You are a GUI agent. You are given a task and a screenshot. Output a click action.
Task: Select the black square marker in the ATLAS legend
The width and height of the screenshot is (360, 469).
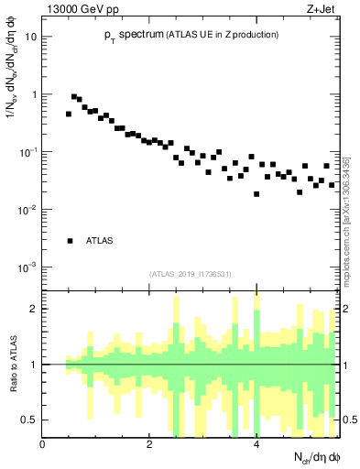69,241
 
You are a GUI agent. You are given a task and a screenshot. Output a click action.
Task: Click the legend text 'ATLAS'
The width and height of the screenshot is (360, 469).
100,241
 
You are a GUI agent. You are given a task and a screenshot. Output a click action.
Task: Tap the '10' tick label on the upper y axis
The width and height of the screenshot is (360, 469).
31,38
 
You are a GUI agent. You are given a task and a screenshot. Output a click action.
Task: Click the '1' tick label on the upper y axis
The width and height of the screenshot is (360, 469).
35,94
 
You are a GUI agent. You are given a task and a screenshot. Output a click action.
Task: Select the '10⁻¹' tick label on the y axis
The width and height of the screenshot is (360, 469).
29,152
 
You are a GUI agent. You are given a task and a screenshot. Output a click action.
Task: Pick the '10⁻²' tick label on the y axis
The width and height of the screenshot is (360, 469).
29,210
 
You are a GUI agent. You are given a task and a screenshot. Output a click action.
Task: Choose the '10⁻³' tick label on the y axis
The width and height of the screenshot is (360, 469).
29,267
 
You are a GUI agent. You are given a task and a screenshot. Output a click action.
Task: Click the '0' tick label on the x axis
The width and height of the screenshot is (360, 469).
42,445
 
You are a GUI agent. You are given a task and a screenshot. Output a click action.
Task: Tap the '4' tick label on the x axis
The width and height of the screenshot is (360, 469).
256,445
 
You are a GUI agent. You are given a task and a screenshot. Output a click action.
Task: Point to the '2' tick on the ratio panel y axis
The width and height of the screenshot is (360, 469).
35,309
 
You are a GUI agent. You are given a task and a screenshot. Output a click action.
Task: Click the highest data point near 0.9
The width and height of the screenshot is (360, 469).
74,96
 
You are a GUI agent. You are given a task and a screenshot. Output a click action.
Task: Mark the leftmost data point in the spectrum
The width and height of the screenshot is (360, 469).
69,115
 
